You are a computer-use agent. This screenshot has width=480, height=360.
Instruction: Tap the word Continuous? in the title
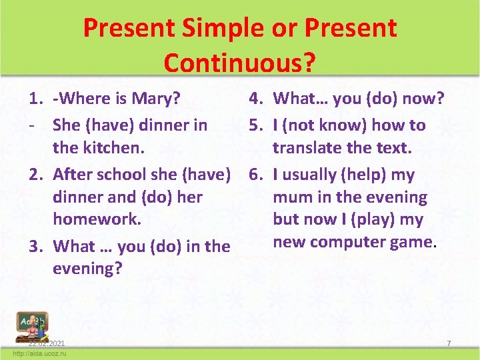(x=239, y=63)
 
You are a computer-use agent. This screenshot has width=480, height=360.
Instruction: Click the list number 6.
(x=255, y=175)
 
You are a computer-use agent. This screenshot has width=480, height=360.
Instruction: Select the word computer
(x=351, y=242)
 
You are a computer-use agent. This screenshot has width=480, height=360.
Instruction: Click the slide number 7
(x=449, y=343)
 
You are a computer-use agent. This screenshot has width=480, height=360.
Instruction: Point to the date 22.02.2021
(x=47, y=343)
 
